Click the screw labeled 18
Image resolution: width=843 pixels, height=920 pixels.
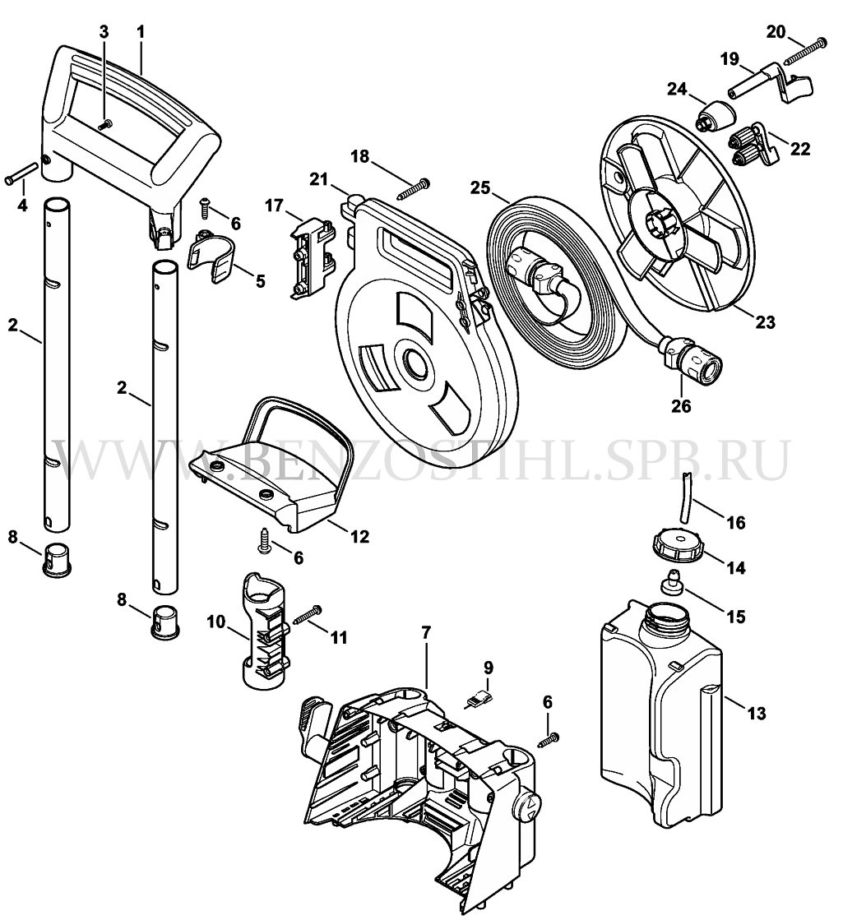414,187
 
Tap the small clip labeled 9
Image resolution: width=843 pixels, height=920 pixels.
479,700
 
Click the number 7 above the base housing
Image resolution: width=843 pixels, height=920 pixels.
426,632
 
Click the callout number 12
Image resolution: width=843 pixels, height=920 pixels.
359,536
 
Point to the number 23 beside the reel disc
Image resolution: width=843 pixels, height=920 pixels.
765,321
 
